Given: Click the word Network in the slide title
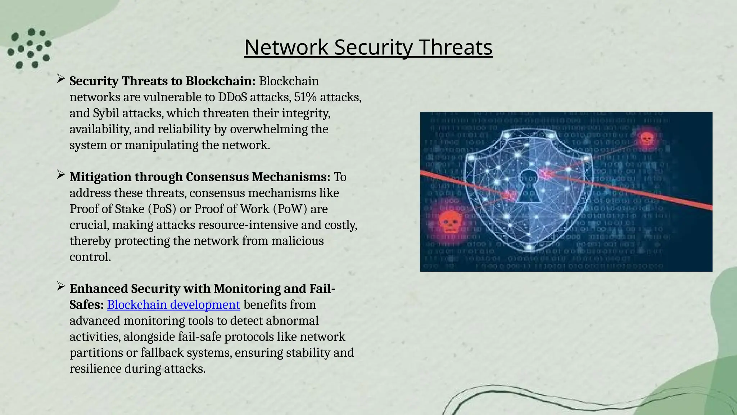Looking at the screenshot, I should (286, 47).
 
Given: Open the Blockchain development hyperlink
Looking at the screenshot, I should (173, 305).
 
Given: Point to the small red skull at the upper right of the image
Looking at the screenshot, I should (646, 138).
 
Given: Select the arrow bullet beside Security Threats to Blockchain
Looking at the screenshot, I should (60, 79).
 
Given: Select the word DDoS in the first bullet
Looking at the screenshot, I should (232, 97).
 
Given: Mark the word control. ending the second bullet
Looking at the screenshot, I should (90, 257).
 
